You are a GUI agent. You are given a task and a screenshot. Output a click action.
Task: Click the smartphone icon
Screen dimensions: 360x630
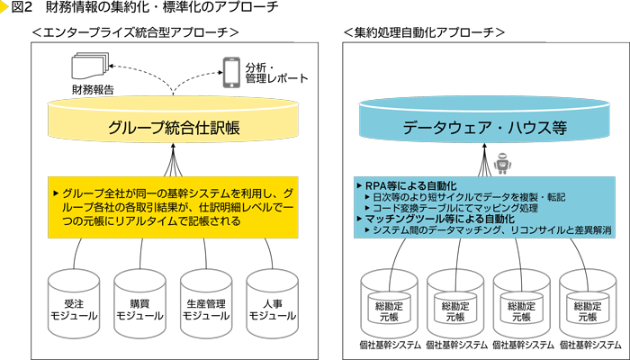click(232, 70)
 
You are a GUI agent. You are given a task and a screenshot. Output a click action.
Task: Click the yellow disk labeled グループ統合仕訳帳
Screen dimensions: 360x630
click(174, 127)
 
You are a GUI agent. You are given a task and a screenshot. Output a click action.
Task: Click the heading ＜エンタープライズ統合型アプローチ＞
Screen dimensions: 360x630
click(134, 32)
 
